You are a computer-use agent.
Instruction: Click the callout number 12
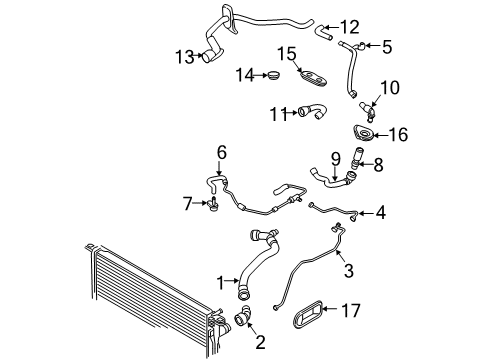[350, 27]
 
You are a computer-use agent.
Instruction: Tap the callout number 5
[387, 47]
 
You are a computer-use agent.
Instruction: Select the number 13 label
[185, 57]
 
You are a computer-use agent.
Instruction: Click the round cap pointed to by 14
[274, 75]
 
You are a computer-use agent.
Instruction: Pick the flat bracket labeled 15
[313, 79]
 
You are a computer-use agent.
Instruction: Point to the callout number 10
[390, 88]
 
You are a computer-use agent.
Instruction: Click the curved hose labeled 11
[312, 111]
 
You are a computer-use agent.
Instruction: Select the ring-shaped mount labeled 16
[364, 133]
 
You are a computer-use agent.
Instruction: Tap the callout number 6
[222, 153]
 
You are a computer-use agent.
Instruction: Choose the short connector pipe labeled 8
[356, 158]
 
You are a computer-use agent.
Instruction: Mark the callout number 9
[336, 159]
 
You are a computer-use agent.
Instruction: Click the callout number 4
[381, 212]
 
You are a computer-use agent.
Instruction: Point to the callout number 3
[348, 270]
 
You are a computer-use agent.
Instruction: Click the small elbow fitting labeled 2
[243, 317]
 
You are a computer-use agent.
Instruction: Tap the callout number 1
[220, 283]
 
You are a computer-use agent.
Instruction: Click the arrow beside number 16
[380, 135]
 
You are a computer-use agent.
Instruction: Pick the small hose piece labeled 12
[323, 32]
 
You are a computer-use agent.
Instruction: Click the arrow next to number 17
[331, 309]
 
